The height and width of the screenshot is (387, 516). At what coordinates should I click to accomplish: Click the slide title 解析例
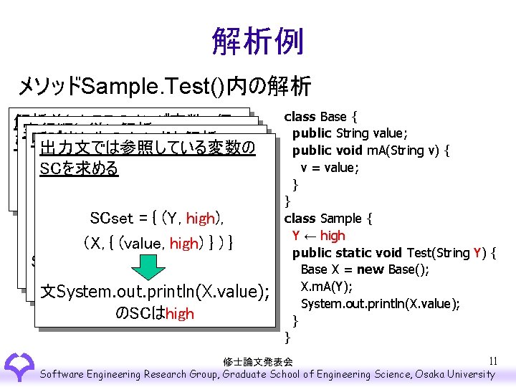tap(257, 42)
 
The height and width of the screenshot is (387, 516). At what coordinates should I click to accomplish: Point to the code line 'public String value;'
tap(350, 133)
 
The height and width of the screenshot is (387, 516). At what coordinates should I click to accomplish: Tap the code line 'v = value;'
tap(328, 167)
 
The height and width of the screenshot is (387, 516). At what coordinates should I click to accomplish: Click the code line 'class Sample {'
tap(327, 219)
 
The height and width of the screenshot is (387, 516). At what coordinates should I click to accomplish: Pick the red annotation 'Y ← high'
tap(318, 236)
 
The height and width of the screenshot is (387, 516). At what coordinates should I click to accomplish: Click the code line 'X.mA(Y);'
tap(325, 287)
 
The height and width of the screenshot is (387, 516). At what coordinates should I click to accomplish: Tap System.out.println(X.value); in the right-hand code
tap(380, 304)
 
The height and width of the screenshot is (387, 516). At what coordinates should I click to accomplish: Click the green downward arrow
tap(150, 267)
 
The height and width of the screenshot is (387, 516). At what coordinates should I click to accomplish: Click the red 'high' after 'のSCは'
tap(179, 314)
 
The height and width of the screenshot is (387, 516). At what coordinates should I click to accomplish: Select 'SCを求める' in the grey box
tap(80, 170)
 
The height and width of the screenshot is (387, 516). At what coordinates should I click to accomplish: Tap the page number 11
tap(492, 360)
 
